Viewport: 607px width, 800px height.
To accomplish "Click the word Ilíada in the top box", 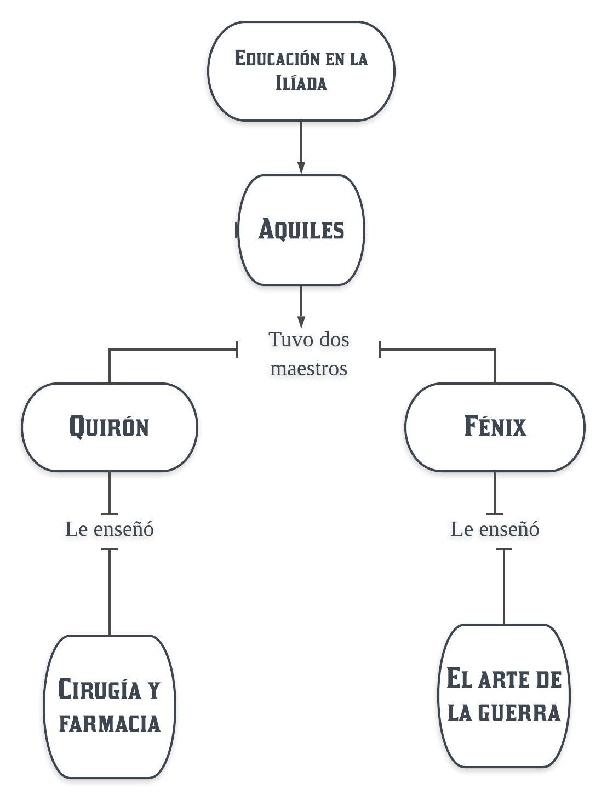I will (301, 83).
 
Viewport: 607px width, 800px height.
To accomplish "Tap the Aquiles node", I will (301, 230).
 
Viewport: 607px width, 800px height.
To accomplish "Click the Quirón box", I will (110, 427).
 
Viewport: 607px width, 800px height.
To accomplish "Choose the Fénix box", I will (495, 427).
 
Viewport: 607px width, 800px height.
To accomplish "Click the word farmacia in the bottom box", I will (110, 723).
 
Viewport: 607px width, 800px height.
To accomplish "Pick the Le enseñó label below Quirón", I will (110, 529).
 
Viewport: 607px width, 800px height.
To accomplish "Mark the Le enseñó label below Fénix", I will (495, 529).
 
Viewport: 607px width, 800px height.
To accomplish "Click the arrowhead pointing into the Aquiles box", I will (301, 167).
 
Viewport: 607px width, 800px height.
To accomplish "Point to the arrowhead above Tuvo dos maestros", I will (301, 322).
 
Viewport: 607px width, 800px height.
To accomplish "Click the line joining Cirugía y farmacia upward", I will (110, 592).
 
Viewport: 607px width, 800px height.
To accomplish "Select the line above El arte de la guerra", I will (504, 586).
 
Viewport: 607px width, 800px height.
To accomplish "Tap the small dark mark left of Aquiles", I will (237, 230).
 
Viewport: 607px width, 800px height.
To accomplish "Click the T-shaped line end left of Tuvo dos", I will (237, 349).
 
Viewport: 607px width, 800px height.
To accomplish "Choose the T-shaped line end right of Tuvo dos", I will (380, 349).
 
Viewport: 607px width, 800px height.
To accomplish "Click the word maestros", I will (309, 368).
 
